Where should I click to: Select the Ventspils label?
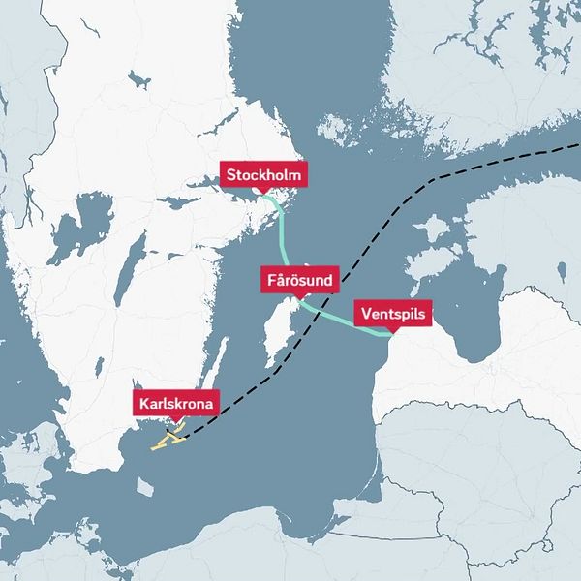[392, 314]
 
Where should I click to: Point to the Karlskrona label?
[175, 402]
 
